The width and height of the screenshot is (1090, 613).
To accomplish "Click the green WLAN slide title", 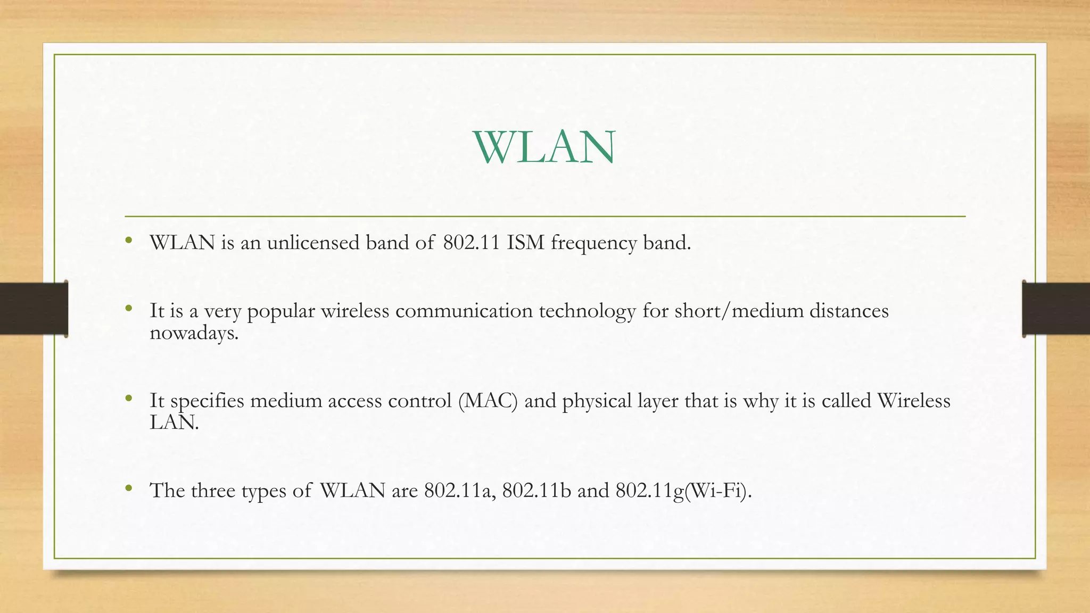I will point(544,147).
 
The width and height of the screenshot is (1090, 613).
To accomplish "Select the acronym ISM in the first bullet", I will point(525,243).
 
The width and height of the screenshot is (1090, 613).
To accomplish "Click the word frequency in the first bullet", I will point(593,244).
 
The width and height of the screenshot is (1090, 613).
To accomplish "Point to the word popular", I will point(281,312).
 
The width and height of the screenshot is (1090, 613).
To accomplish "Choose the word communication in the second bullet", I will point(464,311).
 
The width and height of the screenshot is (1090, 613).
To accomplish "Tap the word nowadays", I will point(194,334).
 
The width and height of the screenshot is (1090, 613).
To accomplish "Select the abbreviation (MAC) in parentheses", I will point(488,401).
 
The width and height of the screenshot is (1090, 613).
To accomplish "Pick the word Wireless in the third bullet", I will point(913,400).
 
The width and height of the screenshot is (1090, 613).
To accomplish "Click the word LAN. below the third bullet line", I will point(174,423).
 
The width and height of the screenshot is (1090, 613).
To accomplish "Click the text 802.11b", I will point(536,491).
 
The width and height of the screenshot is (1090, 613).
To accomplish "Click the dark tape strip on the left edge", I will point(34,309).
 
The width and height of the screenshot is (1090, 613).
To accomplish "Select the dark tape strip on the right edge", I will point(1056,309).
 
